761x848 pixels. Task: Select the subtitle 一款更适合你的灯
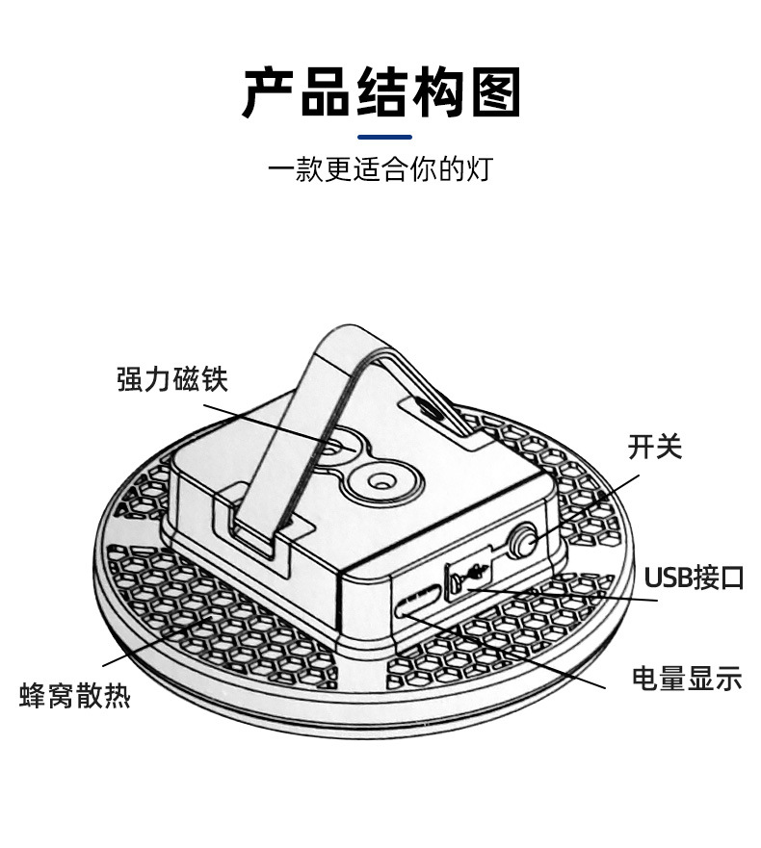click(x=380, y=170)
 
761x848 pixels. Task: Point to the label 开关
click(x=654, y=447)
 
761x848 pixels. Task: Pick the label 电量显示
click(x=686, y=678)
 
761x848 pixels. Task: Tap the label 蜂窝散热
click(x=75, y=695)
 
